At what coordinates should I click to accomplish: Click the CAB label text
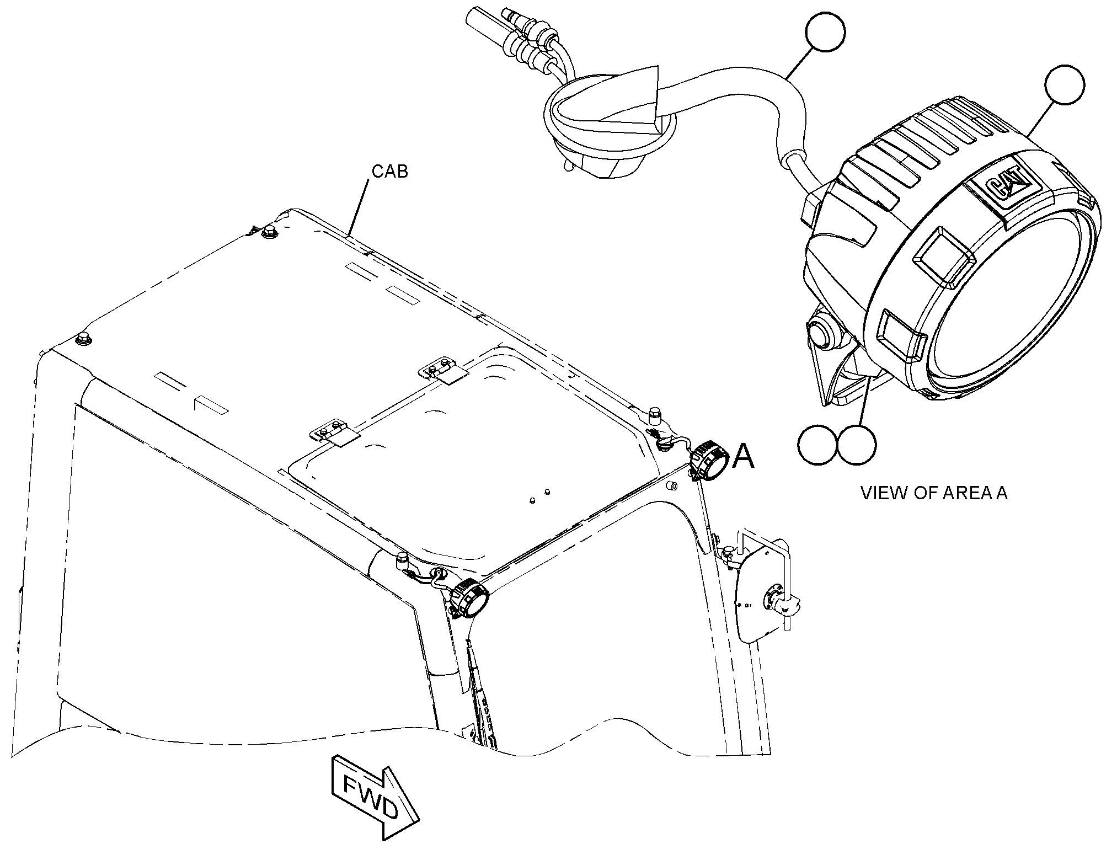pyautogui.click(x=390, y=172)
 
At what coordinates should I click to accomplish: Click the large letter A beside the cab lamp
pyautogui.click(x=743, y=457)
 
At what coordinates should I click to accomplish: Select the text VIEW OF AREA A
pyautogui.click(x=934, y=493)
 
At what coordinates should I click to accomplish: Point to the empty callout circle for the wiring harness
pyautogui.click(x=825, y=33)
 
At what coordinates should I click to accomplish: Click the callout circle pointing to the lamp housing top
pyautogui.click(x=1065, y=84)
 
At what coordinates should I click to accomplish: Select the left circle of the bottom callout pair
pyautogui.click(x=817, y=445)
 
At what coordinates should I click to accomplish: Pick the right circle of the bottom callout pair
pyautogui.click(x=857, y=445)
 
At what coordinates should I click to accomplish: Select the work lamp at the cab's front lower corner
pyautogui.click(x=469, y=598)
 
